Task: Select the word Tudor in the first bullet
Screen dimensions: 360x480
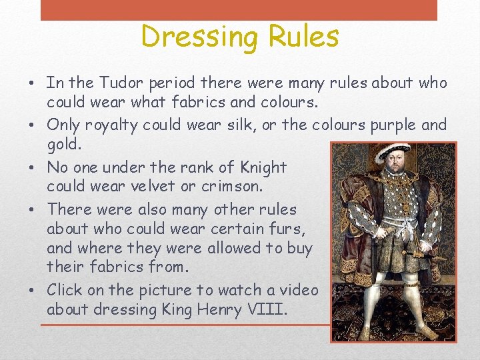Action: coord(125,83)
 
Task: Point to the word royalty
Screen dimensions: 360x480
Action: coord(111,125)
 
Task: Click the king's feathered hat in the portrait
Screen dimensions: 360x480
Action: coord(393,151)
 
